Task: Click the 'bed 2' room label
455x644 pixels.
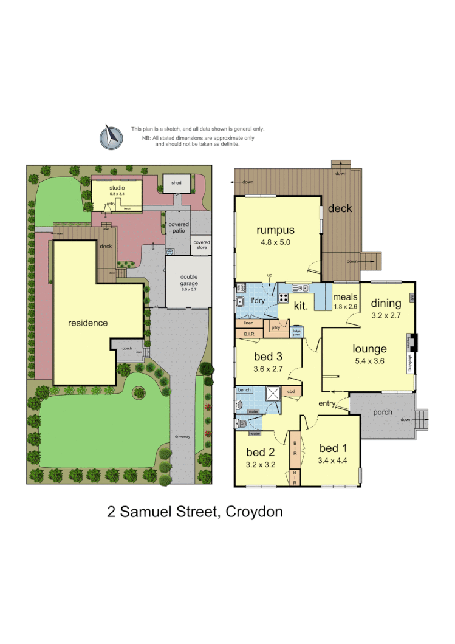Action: click(261, 452)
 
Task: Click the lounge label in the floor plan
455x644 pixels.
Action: click(369, 349)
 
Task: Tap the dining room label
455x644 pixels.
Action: click(386, 303)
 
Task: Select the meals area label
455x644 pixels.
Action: click(344, 297)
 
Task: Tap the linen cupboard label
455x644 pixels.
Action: click(248, 324)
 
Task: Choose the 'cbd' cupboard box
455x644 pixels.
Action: click(291, 392)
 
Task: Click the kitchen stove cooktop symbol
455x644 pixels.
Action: click(284, 298)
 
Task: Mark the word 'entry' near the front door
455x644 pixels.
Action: click(327, 403)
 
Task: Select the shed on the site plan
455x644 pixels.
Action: click(176, 183)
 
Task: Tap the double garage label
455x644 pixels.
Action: click(189, 280)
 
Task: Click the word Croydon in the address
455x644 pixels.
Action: click(254, 512)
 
